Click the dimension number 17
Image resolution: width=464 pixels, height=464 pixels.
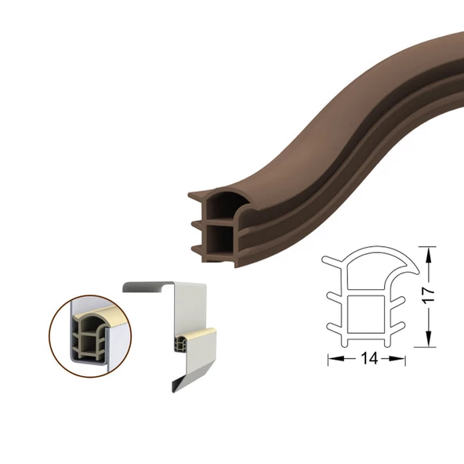pos(429,294)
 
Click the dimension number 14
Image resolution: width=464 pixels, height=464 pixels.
pos(369,358)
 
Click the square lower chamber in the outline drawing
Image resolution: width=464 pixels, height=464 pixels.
pos(367,314)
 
